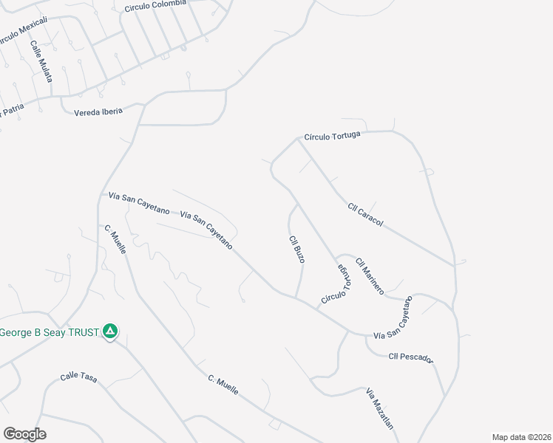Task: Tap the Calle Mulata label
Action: [41, 60]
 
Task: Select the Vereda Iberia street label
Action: [98, 111]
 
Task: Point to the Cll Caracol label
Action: [365, 215]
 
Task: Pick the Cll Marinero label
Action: [370, 277]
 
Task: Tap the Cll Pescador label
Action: [410, 358]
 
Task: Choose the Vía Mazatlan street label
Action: [379, 408]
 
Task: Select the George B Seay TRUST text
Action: [49, 332]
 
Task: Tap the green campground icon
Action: [110, 332]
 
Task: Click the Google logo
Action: [24, 434]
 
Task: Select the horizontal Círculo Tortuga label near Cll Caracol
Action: [332, 136]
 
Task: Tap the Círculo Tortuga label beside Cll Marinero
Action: [336, 285]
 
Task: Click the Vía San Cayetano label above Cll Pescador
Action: [392, 322]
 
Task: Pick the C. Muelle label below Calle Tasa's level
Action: [223, 385]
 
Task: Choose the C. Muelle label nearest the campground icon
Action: [115, 239]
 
